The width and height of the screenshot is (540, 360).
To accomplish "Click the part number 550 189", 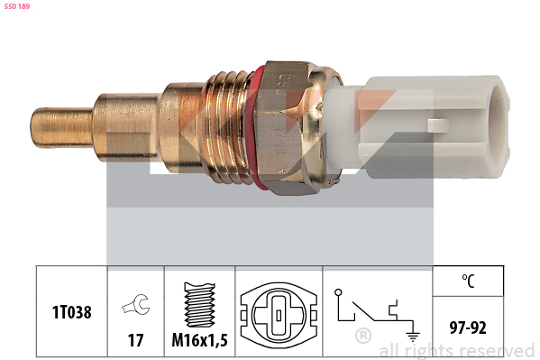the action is (17, 6).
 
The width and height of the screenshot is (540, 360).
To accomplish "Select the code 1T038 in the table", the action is (71, 312).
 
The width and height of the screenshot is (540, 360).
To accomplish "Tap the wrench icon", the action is (136, 304).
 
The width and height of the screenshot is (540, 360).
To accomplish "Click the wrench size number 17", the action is (136, 340).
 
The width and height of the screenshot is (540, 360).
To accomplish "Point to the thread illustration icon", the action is (200, 305).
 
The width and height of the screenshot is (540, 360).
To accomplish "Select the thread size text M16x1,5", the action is (200, 340).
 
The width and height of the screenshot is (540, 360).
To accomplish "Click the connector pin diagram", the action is (279, 315).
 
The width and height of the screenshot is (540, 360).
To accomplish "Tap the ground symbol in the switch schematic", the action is (412, 335).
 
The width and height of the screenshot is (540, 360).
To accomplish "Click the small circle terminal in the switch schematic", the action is (338, 292).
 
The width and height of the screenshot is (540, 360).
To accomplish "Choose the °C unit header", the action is (468, 281).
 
